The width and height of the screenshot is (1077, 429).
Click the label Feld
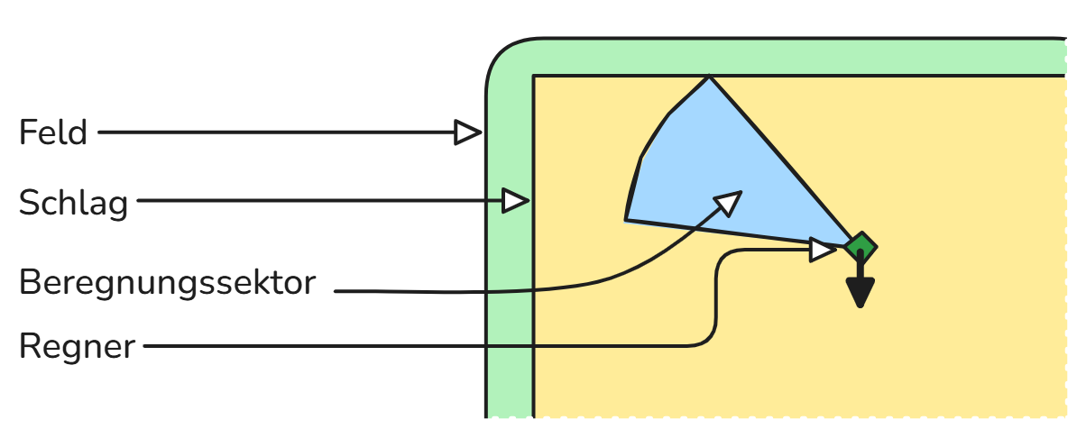[x=53, y=133]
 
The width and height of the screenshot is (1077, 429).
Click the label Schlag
[x=73, y=204]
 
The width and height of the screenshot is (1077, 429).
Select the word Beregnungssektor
[x=168, y=283]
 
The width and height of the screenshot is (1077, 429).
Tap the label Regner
[x=77, y=346]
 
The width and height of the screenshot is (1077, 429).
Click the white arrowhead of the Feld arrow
[x=467, y=133]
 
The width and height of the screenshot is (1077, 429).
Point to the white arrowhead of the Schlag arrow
[x=515, y=200]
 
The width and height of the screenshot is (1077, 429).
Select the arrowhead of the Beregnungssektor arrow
[x=727, y=203]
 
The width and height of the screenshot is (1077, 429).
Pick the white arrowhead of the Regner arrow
[x=823, y=250]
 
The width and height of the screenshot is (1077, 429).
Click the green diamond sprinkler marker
[x=861, y=246]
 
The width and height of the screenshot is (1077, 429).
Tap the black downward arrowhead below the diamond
[x=861, y=294]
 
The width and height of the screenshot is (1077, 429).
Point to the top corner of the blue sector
[x=710, y=78]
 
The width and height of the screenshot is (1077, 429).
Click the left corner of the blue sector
[x=627, y=219]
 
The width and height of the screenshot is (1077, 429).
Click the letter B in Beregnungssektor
[x=30, y=283]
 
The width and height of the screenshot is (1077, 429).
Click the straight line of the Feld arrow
[x=271, y=133]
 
